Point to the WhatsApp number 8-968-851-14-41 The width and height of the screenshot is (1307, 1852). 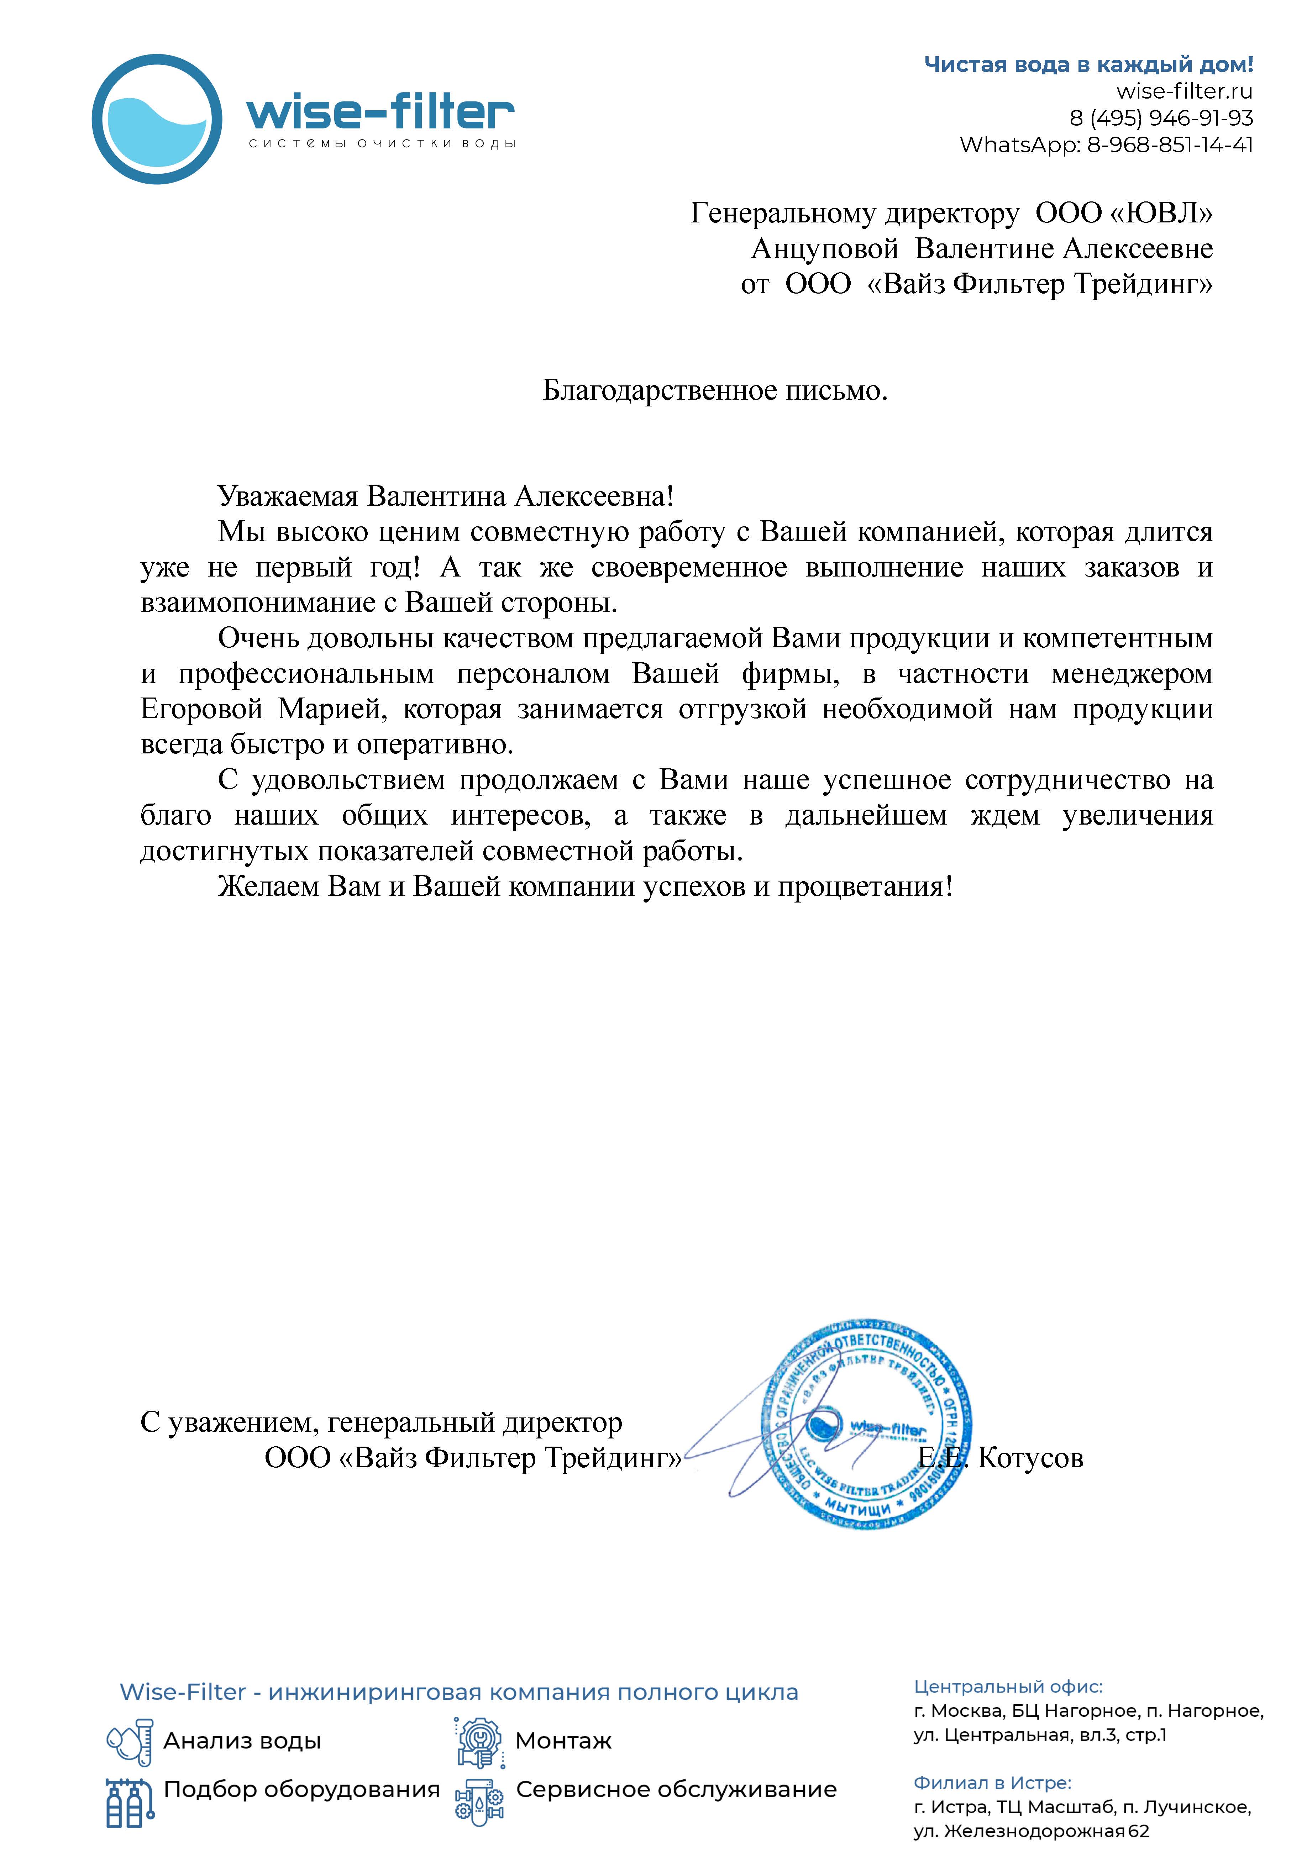[x=1170, y=145]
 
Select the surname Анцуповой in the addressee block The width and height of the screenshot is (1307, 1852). [x=825, y=248]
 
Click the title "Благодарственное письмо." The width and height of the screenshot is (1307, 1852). [x=715, y=390]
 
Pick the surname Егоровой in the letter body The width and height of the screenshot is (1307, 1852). [x=202, y=709]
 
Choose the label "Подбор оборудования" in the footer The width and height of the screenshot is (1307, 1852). [x=302, y=1789]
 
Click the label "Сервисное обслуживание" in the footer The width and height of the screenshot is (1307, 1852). [x=676, y=1789]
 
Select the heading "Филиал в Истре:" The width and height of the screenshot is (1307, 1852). [x=992, y=1783]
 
